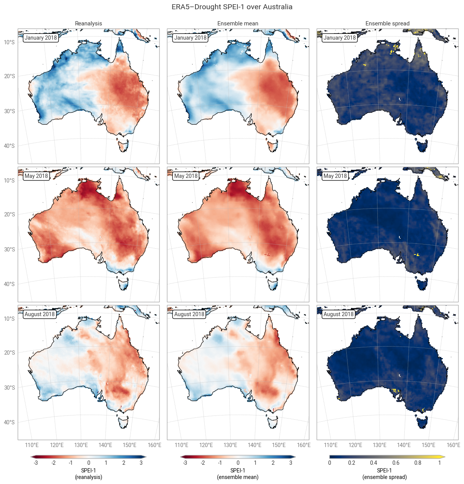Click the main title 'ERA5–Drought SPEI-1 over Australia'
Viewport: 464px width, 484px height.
tap(232, 7)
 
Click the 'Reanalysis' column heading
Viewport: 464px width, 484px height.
tap(88, 23)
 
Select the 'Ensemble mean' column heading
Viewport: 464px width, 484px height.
tap(238, 23)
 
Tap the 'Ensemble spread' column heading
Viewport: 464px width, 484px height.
tap(387, 23)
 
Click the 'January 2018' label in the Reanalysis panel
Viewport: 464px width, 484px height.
tap(41, 38)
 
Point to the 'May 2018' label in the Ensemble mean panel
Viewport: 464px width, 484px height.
tap(186, 176)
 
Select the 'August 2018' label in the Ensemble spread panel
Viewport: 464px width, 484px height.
tap(339, 314)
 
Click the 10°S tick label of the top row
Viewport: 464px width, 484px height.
tap(9, 42)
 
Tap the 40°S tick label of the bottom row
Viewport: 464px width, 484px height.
tap(9, 422)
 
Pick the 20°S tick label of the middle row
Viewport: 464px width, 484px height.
tap(9, 214)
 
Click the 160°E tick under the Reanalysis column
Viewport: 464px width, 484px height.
tap(155, 445)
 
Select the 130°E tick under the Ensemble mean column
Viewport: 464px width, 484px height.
tap(230, 445)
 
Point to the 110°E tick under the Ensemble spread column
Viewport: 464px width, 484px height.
tap(331, 445)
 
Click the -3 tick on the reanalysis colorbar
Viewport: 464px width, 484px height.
tap(35, 463)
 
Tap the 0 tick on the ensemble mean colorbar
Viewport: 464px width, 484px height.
tap(238, 463)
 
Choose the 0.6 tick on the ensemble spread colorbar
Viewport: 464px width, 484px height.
tap(396, 463)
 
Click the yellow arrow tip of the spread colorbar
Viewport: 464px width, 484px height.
tap(445, 457)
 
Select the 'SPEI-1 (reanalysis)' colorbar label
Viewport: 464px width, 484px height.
tap(88, 474)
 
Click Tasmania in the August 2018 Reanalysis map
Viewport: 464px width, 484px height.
tap(124, 422)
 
